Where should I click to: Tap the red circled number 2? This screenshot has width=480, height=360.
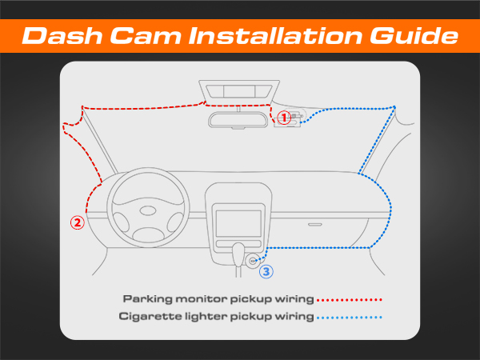tap(78, 223)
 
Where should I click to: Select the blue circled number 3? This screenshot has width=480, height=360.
tap(266, 272)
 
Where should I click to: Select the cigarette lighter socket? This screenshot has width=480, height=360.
tap(253, 260)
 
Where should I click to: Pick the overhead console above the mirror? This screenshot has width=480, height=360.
tap(239, 90)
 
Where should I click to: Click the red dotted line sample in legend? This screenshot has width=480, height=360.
tap(350, 299)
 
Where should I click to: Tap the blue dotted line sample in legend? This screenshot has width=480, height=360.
tap(350, 317)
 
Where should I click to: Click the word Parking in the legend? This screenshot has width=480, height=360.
tap(143, 299)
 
